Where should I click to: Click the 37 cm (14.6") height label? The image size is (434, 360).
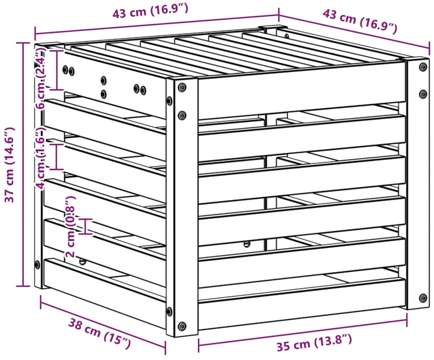9,165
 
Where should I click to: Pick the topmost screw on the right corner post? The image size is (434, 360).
423,67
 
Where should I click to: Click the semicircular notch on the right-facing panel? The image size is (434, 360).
246,244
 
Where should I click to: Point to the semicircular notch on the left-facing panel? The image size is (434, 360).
83,262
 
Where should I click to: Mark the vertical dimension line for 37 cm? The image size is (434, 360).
23,165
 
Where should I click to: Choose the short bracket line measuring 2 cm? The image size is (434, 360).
85,227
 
